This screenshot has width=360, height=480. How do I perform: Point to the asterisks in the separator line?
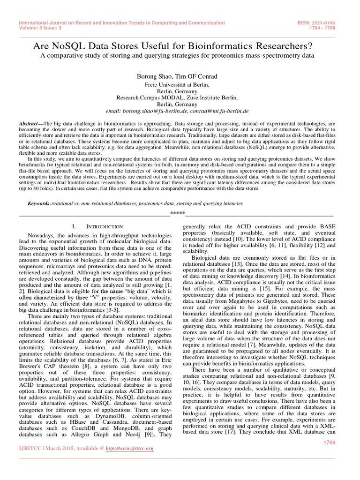pos(178,214)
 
